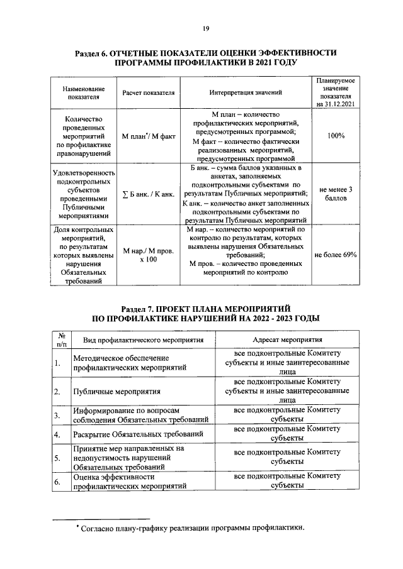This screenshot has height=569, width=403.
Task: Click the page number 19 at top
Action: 205,28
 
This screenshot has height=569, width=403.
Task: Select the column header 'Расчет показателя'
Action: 149,92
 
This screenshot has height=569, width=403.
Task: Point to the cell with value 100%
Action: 336,136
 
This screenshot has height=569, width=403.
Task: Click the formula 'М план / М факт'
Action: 149,136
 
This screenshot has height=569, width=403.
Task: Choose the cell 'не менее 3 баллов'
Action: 336,194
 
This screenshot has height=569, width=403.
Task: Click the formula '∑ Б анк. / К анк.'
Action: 149,194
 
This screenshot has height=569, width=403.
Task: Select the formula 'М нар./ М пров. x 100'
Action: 149,255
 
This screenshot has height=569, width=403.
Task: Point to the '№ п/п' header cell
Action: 61,340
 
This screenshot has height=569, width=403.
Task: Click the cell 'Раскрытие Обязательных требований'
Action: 137,434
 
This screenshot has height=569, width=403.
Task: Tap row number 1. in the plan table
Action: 57,363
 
